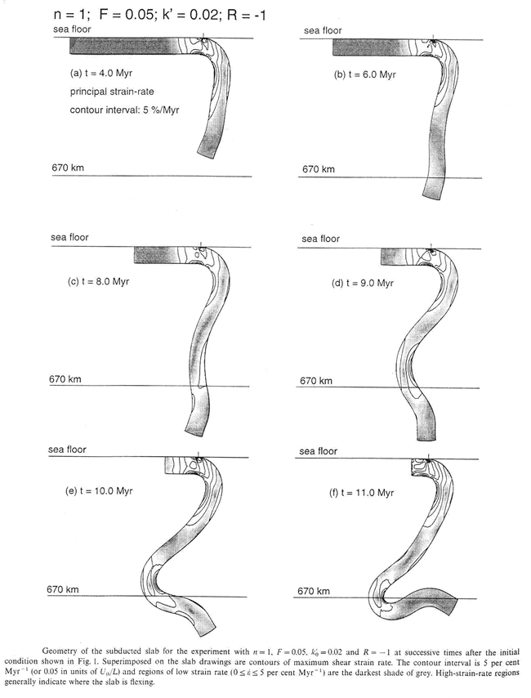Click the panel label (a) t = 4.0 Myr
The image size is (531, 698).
pos(103,72)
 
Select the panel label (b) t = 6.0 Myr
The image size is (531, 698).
pos(365,74)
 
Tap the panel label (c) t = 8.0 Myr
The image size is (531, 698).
pos(98,281)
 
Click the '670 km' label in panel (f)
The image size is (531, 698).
pos(315,590)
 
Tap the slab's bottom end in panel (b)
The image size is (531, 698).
pos(433,195)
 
